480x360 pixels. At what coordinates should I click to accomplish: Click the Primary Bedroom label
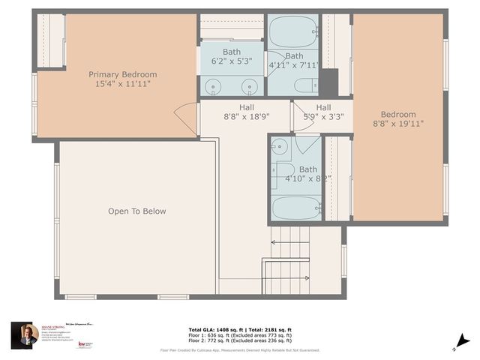click(123, 74)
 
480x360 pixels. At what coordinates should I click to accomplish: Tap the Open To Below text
click(136, 211)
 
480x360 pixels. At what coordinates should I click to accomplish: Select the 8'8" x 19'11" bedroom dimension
click(397, 124)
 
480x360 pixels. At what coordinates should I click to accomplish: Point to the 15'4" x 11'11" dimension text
click(123, 84)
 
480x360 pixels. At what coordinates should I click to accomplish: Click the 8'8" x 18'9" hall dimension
click(246, 117)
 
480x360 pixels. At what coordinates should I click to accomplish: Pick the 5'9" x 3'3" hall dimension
click(323, 117)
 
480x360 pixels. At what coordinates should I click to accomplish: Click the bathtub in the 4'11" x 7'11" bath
click(293, 32)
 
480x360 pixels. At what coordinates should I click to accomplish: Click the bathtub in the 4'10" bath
click(296, 207)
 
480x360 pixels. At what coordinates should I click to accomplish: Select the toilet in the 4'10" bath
click(282, 172)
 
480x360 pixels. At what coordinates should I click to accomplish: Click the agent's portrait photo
click(25, 334)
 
